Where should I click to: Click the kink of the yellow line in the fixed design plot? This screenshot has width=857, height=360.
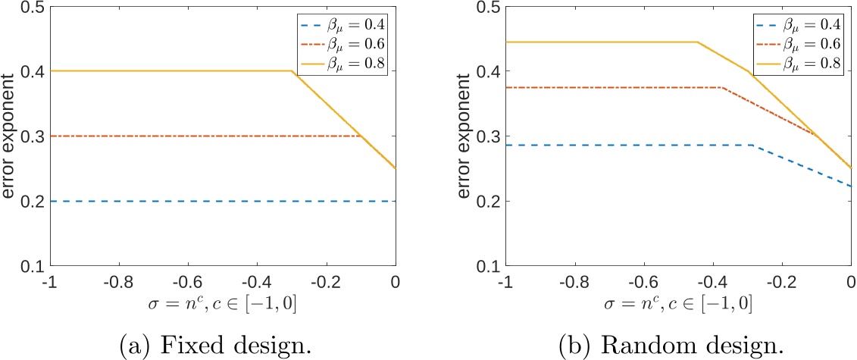[x=292, y=71]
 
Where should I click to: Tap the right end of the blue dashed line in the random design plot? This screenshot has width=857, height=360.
[x=850, y=186]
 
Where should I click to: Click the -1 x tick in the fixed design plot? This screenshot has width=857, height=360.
[x=49, y=282]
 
